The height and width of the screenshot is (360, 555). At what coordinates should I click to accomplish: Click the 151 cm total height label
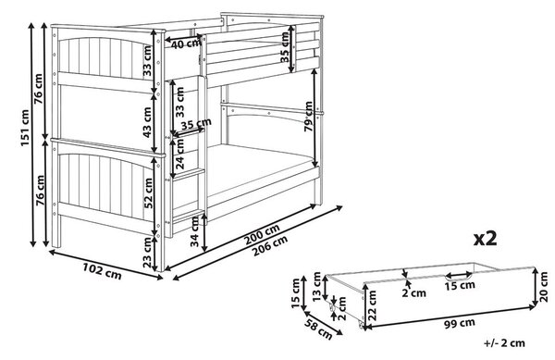(25, 128)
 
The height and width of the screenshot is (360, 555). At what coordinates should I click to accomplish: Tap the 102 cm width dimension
(102, 270)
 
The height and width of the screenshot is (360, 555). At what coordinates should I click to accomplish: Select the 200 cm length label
(264, 234)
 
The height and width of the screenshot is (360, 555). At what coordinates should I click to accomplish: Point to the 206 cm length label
(270, 246)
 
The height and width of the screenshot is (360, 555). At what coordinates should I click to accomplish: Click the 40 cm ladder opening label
(184, 44)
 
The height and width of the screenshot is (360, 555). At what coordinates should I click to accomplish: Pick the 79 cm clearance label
(309, 117)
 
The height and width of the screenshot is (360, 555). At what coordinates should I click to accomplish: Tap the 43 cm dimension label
(147, 122)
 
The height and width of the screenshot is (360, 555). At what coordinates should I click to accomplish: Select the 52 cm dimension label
(148, 192)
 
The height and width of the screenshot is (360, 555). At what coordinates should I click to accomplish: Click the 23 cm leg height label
(147, 252)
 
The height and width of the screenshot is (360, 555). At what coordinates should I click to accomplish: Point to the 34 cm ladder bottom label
(195, 231)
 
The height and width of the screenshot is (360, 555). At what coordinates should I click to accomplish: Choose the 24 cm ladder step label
(179, 154)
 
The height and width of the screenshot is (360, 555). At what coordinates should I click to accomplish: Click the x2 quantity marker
(486, 239)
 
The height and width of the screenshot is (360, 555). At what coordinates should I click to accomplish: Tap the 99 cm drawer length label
(460, 323)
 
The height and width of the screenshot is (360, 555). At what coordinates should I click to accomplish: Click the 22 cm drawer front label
(372, 305)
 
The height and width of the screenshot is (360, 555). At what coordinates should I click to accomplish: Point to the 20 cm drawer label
(544, 287)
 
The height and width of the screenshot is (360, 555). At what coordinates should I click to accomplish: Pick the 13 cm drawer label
(316, 287)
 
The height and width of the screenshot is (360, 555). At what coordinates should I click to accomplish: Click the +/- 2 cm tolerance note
(504, 342)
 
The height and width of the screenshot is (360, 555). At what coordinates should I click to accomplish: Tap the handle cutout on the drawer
(459, 276)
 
